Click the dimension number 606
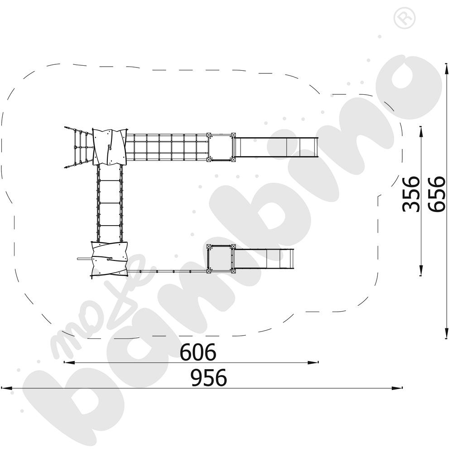coord(198,352)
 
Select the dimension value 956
coord(209,378)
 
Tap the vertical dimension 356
coord(410,193)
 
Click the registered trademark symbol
coord(405,18)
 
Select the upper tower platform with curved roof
coord(110,147)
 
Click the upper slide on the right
coord(276,147)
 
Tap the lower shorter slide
coord(264,259)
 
